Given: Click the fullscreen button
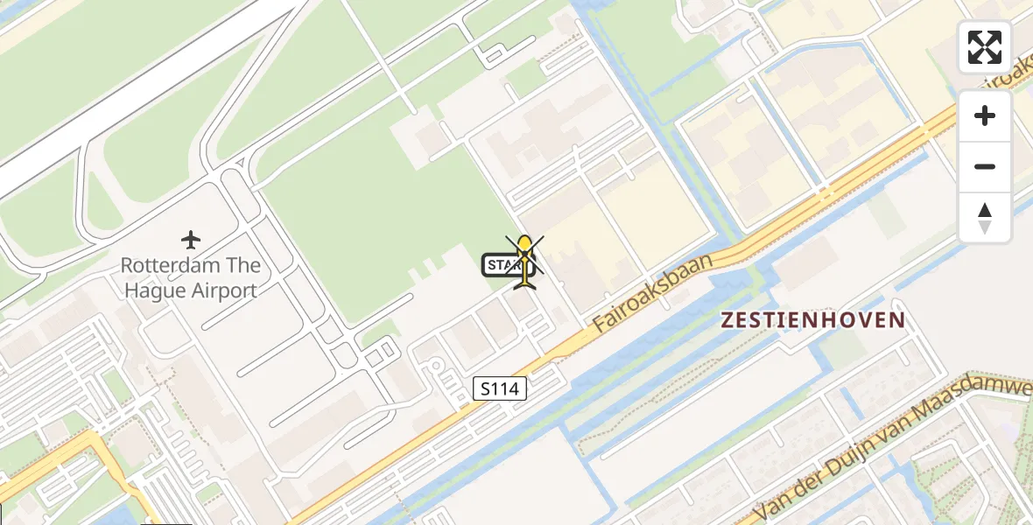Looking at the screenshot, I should point(985,47).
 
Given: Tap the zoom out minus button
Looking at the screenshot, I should point(985,166).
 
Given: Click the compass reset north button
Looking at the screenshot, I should point(985,218).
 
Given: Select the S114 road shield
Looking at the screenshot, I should point(500,389).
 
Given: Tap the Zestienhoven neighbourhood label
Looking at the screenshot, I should point(812,320).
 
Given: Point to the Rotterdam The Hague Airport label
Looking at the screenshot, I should point(191,277).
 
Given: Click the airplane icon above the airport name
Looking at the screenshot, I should point(191,239).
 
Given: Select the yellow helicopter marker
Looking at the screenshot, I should point(524,262).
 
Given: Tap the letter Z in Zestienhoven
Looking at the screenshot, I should point(727,320).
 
